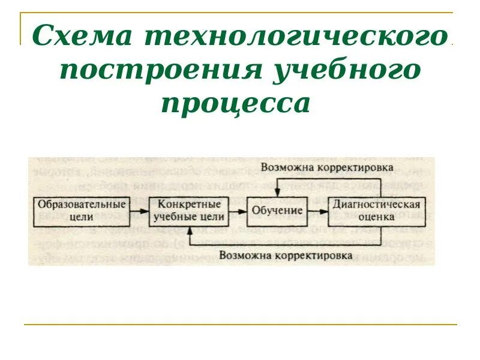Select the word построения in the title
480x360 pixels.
click(x=158, y=71)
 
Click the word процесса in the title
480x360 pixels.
click(x=237, y=103)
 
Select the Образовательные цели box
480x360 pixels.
click(x=82, y=211)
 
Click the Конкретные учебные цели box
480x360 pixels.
click(x=189, y=211)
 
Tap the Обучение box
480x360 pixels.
click(x=277, y=211)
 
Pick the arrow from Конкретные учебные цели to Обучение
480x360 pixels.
click(x=236, y=211)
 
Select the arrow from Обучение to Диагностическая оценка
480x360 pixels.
click(x=318, y=211)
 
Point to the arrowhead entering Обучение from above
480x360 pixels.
click(x=277, y=193)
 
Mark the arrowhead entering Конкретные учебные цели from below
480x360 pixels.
click(x=189, y=229)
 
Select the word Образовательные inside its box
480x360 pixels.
click(x=82, y=205)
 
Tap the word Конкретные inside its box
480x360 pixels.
click(x=189, y=205)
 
